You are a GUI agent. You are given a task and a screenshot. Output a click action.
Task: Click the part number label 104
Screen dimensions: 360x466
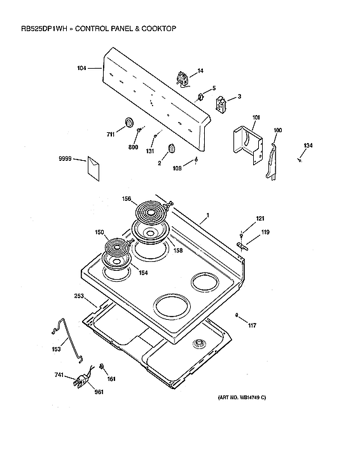81,68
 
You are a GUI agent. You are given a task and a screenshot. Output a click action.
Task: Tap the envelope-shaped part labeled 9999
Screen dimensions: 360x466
93,168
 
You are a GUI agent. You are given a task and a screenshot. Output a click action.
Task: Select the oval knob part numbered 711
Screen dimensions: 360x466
129,122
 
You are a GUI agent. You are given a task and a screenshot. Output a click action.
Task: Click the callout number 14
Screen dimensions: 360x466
200,71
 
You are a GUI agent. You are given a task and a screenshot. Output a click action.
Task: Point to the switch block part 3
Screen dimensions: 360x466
221,104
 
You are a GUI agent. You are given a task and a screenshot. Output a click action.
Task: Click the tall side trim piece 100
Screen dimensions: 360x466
273,161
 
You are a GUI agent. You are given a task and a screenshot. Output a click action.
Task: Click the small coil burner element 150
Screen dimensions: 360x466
116,246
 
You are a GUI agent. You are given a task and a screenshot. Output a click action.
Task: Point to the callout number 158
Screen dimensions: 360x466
177,250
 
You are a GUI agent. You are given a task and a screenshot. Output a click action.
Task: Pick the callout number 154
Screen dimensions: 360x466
143,273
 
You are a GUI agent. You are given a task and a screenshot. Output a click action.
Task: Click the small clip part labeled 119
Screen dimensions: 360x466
242,245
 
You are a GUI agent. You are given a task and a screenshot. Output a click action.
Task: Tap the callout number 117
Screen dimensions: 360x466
252,326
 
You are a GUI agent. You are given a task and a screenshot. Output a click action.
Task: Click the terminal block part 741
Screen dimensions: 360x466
80,381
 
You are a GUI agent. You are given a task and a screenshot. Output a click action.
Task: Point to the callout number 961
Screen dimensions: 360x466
99,392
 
